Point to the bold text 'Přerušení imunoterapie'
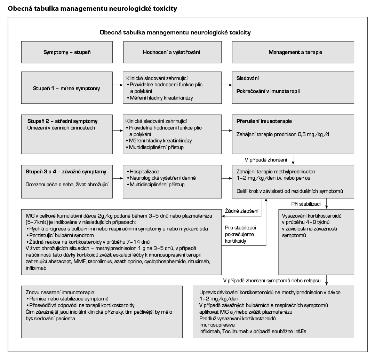click(x=264, y=121)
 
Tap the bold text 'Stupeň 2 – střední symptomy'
click(x=62, y=121)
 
